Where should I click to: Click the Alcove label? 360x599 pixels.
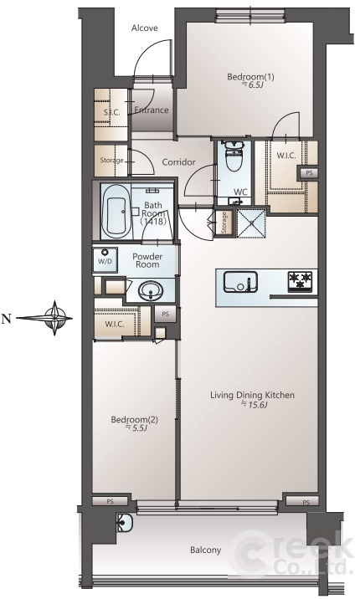(145, 28)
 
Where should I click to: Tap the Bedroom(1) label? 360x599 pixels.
(250, 77)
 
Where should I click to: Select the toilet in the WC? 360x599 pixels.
(233, 156)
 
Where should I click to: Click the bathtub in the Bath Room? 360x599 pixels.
(116, 212)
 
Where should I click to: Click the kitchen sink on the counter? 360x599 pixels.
(240, 281)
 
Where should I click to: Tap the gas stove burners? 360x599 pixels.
(300, 282)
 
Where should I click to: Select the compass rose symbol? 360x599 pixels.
(55, 318)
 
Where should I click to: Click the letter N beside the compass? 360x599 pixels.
(6, 318)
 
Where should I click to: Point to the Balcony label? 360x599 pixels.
(206, 550)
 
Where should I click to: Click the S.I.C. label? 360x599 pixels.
(111, 112)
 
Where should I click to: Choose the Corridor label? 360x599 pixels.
(178, 162)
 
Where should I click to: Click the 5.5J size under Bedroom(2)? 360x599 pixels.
(136, 428)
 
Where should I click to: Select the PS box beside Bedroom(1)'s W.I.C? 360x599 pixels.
(309, 172)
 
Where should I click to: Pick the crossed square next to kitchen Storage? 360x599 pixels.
(251, 223)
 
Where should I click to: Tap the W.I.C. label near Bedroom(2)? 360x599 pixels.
(114, 325)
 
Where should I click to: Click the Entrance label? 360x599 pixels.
(152, 110)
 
